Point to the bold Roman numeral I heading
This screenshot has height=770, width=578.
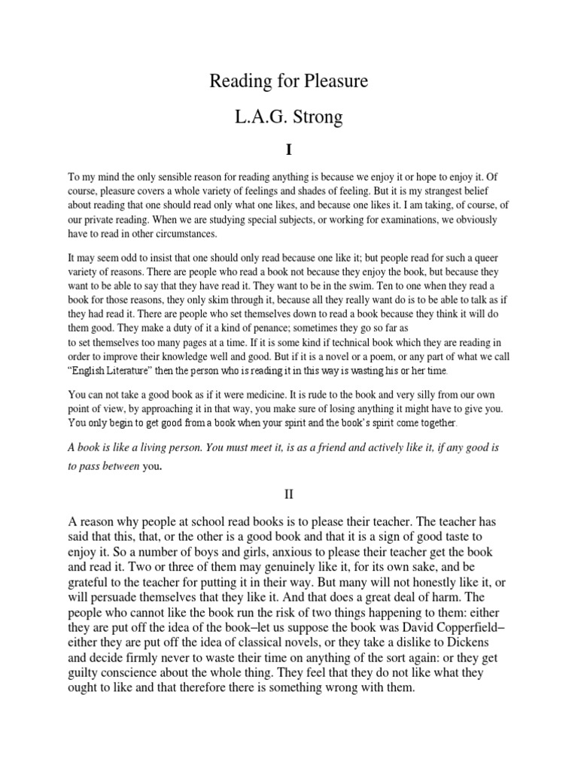click(x=288, y=151)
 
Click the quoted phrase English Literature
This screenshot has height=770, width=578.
click(x=114, y=371)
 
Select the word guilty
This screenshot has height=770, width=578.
click(x=89, y=675)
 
